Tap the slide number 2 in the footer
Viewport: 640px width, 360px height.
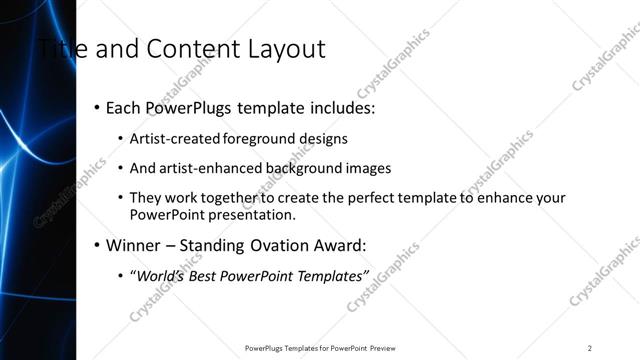click(x=590, y=348)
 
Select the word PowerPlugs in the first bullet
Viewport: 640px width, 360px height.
click(x=186, y=107)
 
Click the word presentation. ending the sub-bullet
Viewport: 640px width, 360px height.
click(x=254, y=215)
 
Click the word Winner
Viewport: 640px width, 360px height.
click(x=134, y=244)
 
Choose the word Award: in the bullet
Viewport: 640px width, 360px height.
click(x=337, y=244)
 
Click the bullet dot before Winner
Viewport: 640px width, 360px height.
click(x=96, y=244)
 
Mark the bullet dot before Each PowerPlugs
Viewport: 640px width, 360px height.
click(x=96, y=107)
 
